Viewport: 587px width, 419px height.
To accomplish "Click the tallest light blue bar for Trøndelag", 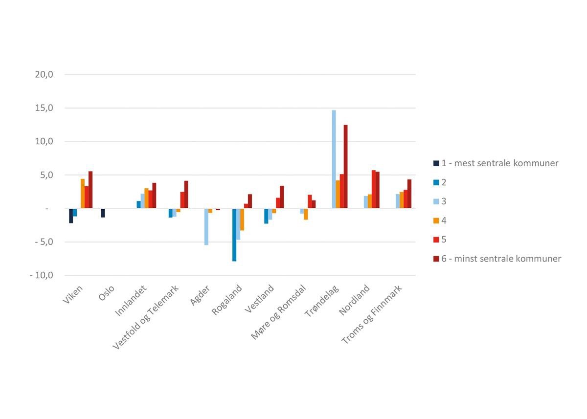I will coord(334,159).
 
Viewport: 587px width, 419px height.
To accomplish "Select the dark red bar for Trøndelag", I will coord(346,167).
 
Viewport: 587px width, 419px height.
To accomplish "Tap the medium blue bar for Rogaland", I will coord(234,235).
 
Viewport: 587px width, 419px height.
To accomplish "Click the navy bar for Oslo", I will coord(103,213).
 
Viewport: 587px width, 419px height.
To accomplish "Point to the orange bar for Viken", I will coord(83,194).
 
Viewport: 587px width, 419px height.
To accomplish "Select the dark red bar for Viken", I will coord(90,190).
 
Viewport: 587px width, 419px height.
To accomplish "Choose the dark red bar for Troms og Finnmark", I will coord(409,194).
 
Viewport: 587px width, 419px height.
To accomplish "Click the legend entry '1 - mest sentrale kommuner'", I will coord(499,163).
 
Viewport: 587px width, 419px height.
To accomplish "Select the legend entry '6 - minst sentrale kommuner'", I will coord(501,259).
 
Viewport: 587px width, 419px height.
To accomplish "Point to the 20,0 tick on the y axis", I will coord(44,75).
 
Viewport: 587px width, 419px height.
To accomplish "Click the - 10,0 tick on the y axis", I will coord(42,275).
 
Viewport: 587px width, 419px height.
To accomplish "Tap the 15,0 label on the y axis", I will coord(44,108).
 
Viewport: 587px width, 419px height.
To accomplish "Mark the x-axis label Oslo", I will coord(107,295).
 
